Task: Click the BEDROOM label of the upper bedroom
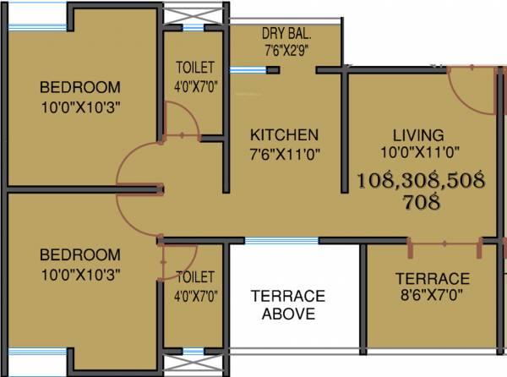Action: pyautogui.click(x=79, y=87)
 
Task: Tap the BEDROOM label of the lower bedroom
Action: pyautogui.click(x=79, y=254)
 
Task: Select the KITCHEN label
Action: pyautogui.click(x=283, y=135)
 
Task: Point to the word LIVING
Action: pyautogui.click(x=417, y=135)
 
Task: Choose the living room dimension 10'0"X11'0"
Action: pyautogui.click(x=417, y=154)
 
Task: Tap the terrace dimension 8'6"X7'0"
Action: pyautogui.click(x=433, y=298)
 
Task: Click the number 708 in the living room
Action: pyautogui.click(x=420, y=201)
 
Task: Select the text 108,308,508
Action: pyautogui.click(x=420, y=180)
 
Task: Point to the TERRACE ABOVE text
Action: pyautogui.click(x=286, y=304)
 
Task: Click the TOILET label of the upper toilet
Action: pyautogui.click(x=194, y=68)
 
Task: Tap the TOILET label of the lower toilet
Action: pyautogui.click(x=194, y=277)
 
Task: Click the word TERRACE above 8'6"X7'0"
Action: pyautogui.click(x=433, y=279)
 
